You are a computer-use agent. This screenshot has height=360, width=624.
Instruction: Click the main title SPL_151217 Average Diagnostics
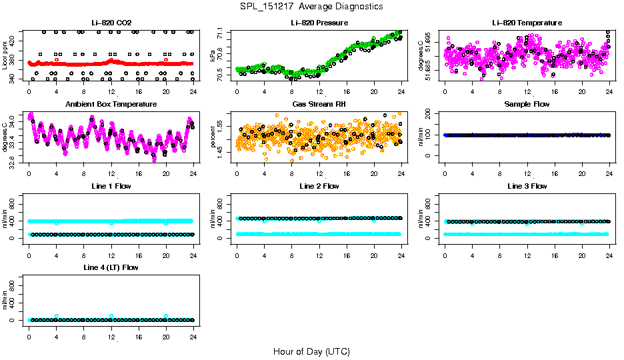coord(311,6)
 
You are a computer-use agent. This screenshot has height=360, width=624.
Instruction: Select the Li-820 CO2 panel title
coord(111,23)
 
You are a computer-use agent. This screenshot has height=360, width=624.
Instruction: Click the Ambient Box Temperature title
coord(111,104)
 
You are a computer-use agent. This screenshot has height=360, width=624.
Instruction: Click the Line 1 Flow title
coord(111,186)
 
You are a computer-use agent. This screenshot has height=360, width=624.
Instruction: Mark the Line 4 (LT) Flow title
coord(111,267)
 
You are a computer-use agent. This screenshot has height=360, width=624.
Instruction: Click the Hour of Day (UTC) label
coord(311,351)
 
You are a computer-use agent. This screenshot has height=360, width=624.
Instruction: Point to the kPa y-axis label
coord(213,55)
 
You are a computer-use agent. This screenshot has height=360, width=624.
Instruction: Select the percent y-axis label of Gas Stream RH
coord(213,137)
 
